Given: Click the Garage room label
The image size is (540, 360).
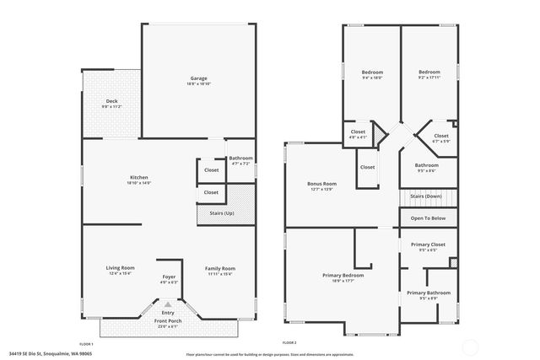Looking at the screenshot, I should pos(198,78).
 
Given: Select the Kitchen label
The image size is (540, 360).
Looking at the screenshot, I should pos(139,178).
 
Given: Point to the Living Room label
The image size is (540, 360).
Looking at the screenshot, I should pos(121,268).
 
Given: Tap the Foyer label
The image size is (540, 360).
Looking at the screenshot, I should pos(170,277).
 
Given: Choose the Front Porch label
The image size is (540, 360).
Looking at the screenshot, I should pos(167,321).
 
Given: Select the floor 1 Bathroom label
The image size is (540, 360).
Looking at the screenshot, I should pos(240,159).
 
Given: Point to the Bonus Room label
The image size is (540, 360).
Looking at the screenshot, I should pos(322,184).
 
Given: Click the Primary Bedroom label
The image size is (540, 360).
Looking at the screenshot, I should pos(343,276).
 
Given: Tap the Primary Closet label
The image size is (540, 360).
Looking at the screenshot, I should pos(428,244).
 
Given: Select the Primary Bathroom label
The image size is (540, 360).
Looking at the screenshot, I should pos(428,293).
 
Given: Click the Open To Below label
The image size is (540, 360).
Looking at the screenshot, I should pos(428,218).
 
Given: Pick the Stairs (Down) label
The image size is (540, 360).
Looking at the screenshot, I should pos(426,196).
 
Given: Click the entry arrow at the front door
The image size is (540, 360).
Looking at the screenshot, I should pos(168,304).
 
